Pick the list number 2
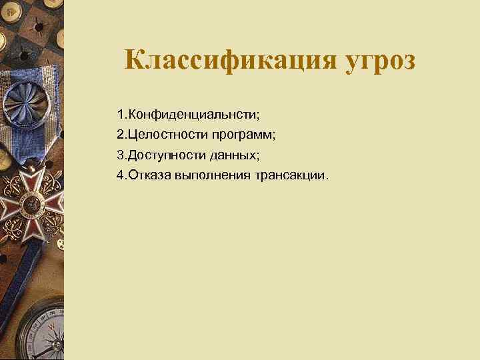(119, 135)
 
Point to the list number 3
(119, 155)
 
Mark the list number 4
(119, 175)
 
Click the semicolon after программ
(273, 136)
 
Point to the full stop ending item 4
(328, 178)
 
